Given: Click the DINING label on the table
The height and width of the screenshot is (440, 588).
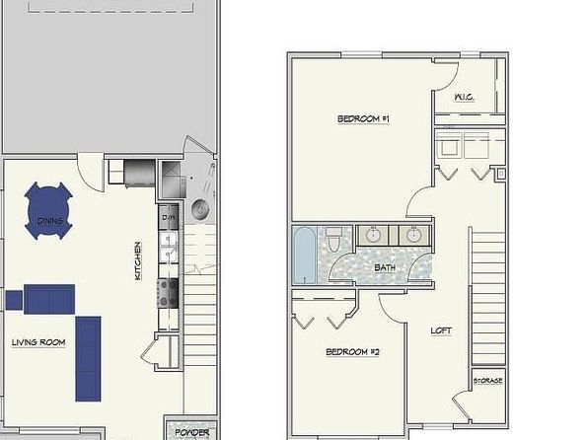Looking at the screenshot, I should coord(50,221).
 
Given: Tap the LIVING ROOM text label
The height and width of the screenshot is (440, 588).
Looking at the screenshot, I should coord(38,342).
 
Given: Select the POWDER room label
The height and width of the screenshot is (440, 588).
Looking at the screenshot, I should coord(193,432).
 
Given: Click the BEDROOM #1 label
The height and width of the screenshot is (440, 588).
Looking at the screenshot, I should coord(364,119).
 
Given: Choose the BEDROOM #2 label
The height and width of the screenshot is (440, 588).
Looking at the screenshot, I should coord(352,352).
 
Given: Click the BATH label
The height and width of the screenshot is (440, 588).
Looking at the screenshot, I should coord(385,267).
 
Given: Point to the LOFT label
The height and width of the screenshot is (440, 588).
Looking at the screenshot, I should coord(441,330).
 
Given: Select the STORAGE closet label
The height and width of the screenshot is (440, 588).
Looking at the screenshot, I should coord(487,380).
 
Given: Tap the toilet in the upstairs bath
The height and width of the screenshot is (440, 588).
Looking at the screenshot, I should coord(335,242).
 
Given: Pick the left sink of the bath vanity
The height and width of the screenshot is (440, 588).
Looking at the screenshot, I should coord(374,235).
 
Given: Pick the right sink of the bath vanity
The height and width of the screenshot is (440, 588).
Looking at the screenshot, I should coord(412,235).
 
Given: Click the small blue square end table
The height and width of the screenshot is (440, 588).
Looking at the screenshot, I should coord(14,298).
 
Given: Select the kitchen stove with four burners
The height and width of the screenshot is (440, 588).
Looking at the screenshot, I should coord(167,291).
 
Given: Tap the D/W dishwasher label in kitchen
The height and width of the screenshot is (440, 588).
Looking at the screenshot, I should coord(168,217).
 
